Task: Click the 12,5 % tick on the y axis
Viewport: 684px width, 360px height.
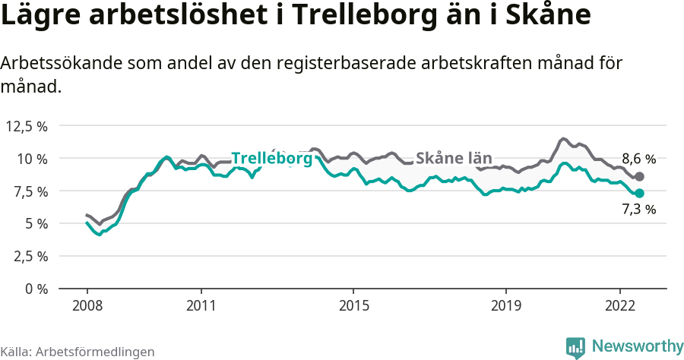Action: click(x=27, y=126)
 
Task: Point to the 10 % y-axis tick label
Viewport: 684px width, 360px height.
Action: click(x=32, y=159)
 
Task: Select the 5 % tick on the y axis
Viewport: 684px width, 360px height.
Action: click(x=35, y=223)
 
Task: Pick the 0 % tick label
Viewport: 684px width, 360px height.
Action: click(x=35, y=289)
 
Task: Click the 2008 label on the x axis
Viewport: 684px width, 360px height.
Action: click(x=87, y=305)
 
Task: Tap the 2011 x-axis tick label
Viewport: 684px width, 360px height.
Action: click(x=201, y=305)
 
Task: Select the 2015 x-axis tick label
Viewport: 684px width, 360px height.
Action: click(x=353, y=305)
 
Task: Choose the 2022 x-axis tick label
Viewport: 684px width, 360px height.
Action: click(x=620, y=305)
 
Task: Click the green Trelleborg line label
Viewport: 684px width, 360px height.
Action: click(x=271, y=159)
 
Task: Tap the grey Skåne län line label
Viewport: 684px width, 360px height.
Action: click(x=454, y=158)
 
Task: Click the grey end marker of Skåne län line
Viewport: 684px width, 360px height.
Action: click(x=640, y=176)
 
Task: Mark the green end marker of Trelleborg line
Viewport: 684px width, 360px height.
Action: click(x=640, y=194)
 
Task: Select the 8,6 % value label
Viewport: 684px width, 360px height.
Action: click(x=638, y=159)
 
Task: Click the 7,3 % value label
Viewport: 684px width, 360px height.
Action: click(x=638, y=210)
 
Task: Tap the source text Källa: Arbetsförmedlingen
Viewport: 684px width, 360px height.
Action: click(x=78, y=352)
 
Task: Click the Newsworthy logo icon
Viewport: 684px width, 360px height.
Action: click(x=575, y=347)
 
